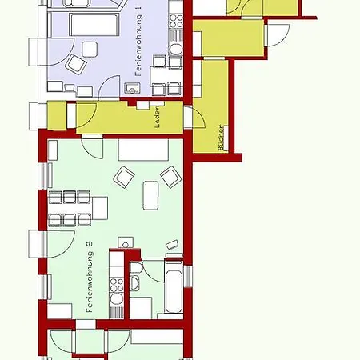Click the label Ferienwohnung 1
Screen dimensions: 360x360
click(x=138, y=42)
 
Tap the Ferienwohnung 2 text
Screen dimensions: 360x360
click(x=90, y=277)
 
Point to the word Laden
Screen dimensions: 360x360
click(x=158, y=117)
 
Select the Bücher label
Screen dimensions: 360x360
click(x=221, y=138)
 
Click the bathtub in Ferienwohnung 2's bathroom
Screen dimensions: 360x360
click(x=174, y=286)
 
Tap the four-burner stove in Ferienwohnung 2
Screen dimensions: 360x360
click(x=117, y=285)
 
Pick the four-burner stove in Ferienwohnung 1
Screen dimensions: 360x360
click(x=176, y=21)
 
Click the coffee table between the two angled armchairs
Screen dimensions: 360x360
click(x=151, y=195)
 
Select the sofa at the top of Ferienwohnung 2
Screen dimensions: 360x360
click(x=143, y=150)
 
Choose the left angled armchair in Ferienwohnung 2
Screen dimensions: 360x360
click(x=124, y=177)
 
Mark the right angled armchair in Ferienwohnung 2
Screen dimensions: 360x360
click(x=171, y=177)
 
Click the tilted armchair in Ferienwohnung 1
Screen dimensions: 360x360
click(x=76, y=64)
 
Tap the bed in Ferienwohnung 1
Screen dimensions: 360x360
click(x=93, y=24)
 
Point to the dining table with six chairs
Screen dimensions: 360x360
click(x=78, y=208)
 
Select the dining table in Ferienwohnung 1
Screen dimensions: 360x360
click(x=166, y=76)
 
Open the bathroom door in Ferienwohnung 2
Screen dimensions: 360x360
click(x=153, y=270)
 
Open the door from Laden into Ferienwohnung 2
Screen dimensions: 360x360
click(x=92, y=147)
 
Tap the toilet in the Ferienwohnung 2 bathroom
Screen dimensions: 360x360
click(x=134, y=268)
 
